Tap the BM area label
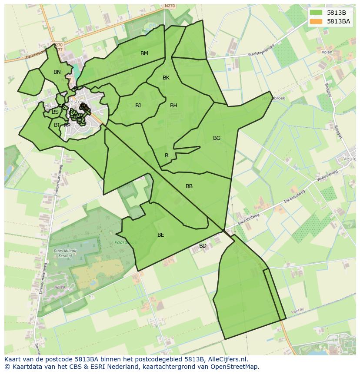tap(144, 53)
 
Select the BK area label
tap(166, 78)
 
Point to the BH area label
tap(173, 106)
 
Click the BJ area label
tap(138, 106)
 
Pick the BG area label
tap(217, 138)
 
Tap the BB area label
tap(189, 186)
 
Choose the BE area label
tap(161, 235)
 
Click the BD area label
tap(203, 246)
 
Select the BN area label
tap(57, 72)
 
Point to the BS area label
tap(55, 112)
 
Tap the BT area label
tap(57, 125)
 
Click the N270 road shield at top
tap(170, 6)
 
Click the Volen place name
tap(327, 52)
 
